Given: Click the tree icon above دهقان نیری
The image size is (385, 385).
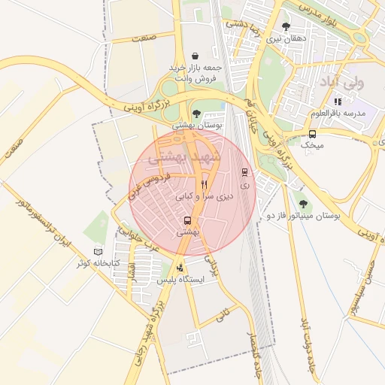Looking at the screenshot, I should click(286, 26).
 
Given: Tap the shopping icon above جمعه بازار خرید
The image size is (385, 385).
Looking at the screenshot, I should click(196, 56).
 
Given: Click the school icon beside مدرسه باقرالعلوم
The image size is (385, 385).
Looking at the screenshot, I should click(338, 102).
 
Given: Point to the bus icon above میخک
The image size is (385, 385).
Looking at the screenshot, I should click(311, 134).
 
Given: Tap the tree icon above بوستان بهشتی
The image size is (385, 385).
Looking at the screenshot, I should click(196, 114).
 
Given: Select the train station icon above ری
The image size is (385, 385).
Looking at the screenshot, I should click(243, 171).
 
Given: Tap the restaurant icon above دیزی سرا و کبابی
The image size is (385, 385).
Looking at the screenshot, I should click(204, 184).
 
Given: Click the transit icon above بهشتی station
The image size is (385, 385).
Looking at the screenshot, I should click(186, 221).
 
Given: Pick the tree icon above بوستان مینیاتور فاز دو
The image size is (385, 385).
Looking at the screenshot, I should click(303, 204).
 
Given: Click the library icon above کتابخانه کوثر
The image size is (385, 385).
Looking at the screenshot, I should click(97, 252).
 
